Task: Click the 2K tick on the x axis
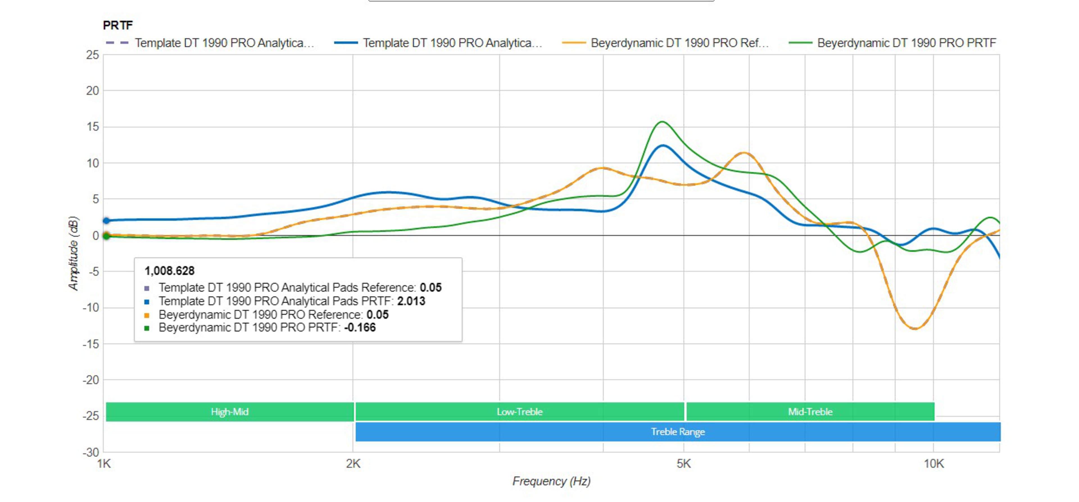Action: pyautogui.click(x=353, y=464)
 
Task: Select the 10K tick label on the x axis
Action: pyautogui.click(x=934, y=464)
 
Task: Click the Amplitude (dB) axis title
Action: pyautogui.click(x=74, y=253)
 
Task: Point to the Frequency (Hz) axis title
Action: pyautogui.click(x=551, y=481)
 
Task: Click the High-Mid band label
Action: pyautogui.click(x=230, y=412)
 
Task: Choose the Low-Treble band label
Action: pyautogui.click(x=519, y=412)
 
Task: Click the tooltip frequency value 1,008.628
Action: pyautogui.click(x=169, y=271)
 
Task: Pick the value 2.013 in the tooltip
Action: pyautogui.click(x=411, y=301)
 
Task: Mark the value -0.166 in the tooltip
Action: pyautogui.click(x=360, y=327)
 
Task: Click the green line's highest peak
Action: pyautogui.click(x=662, y=122)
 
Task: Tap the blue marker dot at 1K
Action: pyautogui.click(x=106, y=221)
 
